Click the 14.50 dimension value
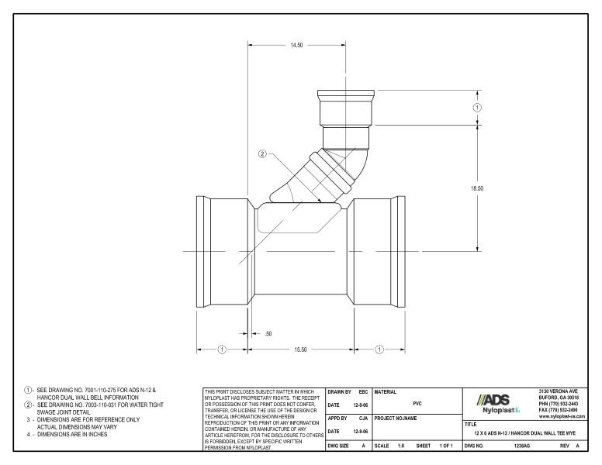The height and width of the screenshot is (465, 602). pyautogui.click(x=296, y=46)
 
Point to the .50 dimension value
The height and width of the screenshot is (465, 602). pyautogui.click(x=268, y=333)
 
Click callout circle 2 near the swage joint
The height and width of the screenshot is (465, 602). pyautogui.click(x=262, y=154)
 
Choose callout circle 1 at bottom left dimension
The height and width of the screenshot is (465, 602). pyautogui.click(x=222, y=350)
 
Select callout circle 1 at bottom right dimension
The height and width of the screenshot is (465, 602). pyautogui.click(x=379, y=350)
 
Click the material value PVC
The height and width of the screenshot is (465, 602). pyautogui.click(x=417, y=403)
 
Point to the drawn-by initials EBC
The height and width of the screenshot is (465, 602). pyautogui.click(x=361, y=391)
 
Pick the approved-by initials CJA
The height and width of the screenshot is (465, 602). pyautogui.click(x=362, y=418)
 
